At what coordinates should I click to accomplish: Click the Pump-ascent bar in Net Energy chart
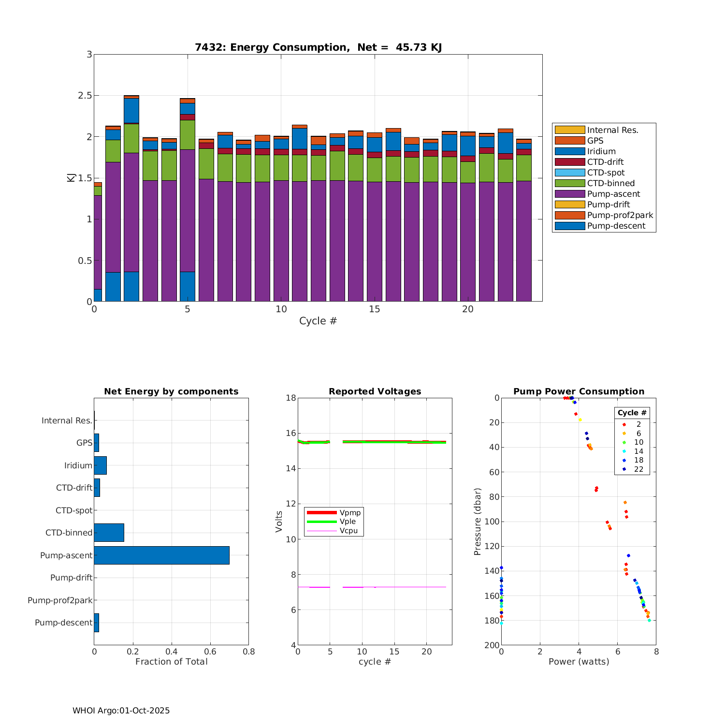pos(161,555)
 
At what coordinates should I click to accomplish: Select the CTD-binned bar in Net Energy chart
pos(109,533)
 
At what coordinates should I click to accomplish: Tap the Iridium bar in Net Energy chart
pos(100,465)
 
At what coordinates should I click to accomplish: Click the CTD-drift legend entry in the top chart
pos(605,162)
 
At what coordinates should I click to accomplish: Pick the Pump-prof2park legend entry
pos(620,215)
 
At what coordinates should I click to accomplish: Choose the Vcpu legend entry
pos(348,531)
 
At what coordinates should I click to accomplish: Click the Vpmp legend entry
pos(350,512)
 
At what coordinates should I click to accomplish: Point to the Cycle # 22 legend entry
pos(638,469)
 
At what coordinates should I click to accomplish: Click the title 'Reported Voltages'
pos(375,391)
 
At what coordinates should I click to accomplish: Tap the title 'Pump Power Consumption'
pos(579,391)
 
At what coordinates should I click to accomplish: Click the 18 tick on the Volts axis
pos(290,398)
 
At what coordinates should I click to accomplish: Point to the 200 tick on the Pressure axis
pos(493,645)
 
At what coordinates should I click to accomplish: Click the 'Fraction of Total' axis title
pos(171,662)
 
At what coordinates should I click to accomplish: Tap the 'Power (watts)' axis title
pos(579,662)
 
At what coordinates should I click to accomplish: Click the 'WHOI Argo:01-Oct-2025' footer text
pos(121,710)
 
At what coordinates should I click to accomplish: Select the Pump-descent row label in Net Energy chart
pos(63,623)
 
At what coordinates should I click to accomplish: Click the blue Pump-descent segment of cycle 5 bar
pos(188,287)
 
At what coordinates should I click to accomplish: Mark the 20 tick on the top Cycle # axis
pos(467,309)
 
